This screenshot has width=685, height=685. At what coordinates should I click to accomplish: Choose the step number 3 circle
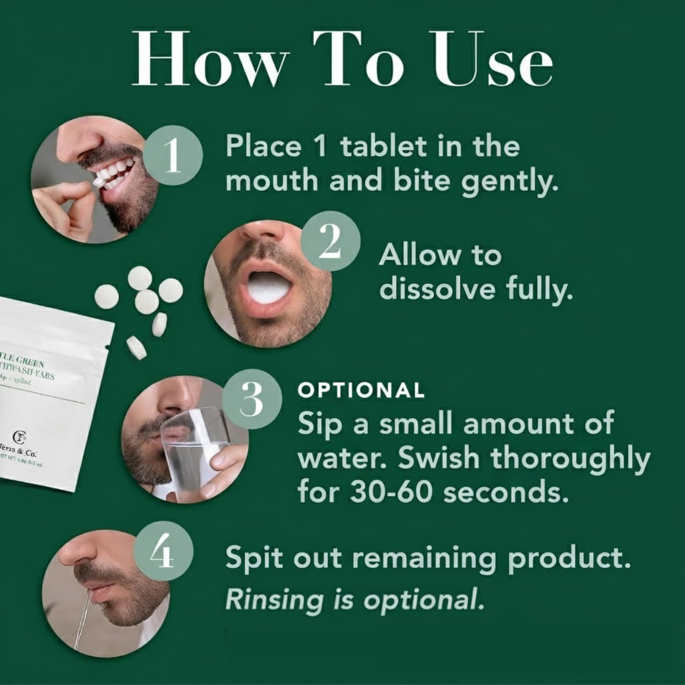(251, 400)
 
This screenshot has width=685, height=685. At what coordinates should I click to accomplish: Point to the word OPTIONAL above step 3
(361, 390)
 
